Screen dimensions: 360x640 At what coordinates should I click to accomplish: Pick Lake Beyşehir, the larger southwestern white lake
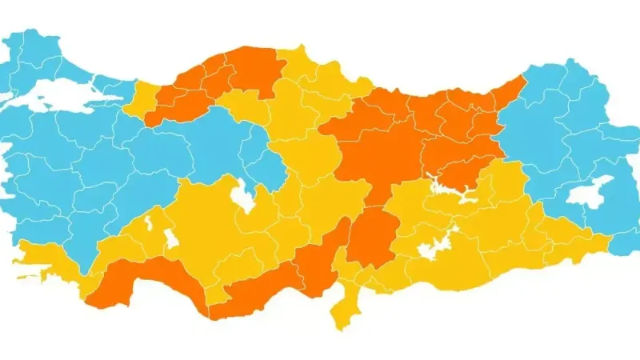[172, 239]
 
